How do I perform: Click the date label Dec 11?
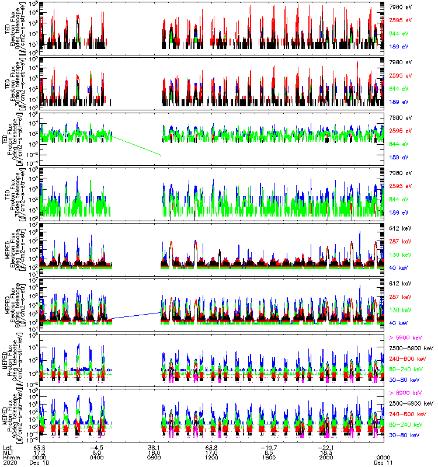point(383,462)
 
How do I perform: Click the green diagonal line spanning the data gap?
point(136,145)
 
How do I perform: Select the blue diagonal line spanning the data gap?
point(136,316)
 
